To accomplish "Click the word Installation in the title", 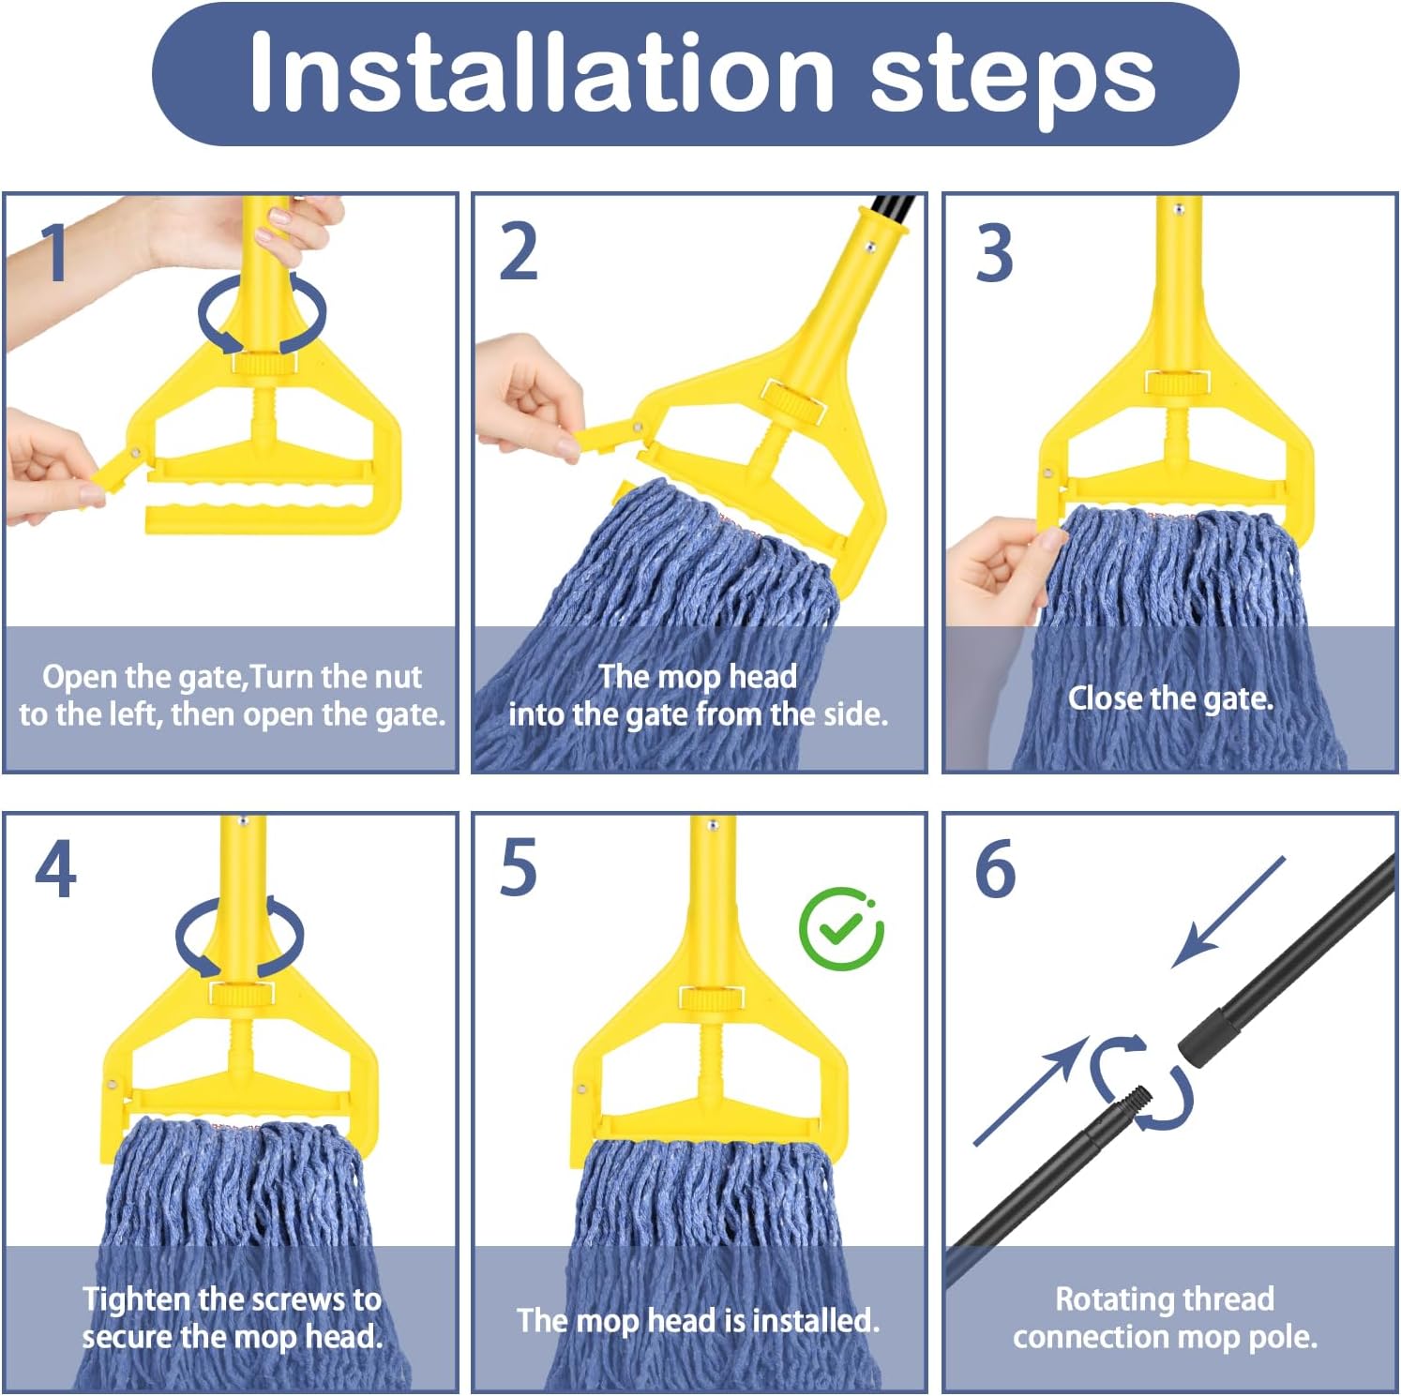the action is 541,73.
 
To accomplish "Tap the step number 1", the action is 55,252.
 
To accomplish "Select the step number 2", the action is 519,252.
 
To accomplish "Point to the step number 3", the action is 994,252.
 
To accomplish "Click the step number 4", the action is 55,869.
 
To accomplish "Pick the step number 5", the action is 519,867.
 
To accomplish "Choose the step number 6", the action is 995,869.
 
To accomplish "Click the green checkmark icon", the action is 841,929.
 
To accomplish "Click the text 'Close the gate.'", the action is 1170,698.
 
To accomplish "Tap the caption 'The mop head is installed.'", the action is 698,1320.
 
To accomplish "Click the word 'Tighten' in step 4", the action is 137,1300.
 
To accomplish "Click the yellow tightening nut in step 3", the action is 1177,382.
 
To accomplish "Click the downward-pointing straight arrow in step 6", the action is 1229,911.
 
